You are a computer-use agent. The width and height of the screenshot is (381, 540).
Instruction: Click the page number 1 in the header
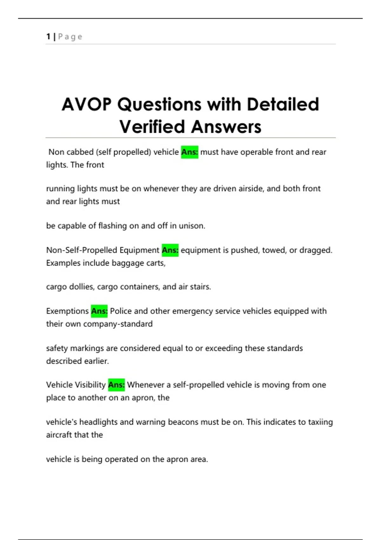click(48, 37)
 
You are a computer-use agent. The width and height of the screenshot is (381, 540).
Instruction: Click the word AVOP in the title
click(87, 105)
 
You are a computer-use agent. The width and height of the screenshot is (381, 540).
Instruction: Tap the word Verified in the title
click(152, 127)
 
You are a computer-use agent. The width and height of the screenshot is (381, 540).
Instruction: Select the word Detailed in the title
click(283, 105)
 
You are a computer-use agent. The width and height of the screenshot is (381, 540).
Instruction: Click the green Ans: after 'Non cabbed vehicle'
click(190, 152)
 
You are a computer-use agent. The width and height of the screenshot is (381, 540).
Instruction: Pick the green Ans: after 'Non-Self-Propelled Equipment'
click(170, 250)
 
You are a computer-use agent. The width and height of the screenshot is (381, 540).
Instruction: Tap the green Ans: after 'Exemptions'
click(99, 311)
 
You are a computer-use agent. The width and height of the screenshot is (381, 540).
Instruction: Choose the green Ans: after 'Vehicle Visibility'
click(117, 385)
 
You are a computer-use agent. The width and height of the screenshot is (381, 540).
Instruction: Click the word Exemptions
click(67, 311)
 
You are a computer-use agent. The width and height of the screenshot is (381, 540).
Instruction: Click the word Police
click(121, 311)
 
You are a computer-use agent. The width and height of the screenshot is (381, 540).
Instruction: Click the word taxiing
click(320, 422)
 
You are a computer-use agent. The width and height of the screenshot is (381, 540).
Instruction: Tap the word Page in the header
click(70, 37)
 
